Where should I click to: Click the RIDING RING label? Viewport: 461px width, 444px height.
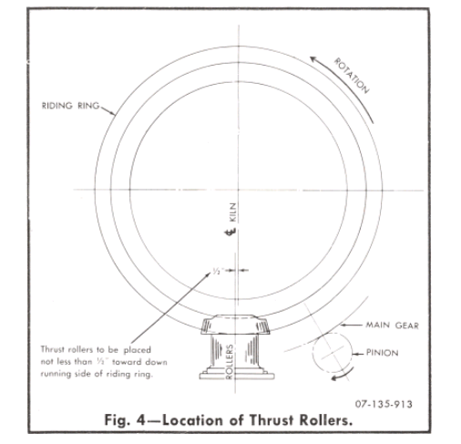(70, 106)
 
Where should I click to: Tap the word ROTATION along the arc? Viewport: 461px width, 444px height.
(352, 76)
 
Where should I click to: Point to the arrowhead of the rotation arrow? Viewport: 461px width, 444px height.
(313, 59)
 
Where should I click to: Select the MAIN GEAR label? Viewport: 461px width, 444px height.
(392, 325)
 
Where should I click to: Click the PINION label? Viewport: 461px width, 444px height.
(382, 353)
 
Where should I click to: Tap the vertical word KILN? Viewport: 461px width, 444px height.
(232, 212)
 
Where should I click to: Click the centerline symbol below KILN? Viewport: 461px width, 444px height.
(230, 232)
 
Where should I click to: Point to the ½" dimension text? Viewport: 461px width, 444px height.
(218, 271)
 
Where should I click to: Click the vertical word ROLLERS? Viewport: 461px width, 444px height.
(230, 362)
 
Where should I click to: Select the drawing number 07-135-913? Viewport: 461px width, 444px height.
(384, 404)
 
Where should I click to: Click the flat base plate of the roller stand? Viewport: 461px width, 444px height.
(237, 377)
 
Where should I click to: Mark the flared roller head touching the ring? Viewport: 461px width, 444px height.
(235, 325)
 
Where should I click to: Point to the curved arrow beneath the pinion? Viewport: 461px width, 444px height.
(343, 375)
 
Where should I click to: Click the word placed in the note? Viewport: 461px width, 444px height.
(137, 350)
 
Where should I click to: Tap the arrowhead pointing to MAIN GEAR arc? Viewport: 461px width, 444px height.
(343, 325)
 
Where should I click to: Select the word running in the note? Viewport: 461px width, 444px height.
(54, 374)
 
